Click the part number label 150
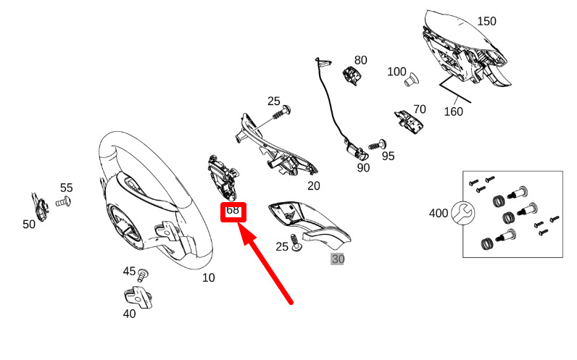486,21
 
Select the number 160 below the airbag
453,112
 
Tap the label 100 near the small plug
397,72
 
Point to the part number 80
360,60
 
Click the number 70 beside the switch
419,110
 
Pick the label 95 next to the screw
388,156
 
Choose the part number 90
362,168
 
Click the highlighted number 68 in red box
233,211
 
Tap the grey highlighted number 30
338,259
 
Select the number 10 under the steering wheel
208,277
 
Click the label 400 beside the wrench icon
439,214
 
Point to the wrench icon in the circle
461,213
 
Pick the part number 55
67,188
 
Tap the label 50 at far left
29,225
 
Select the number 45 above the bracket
129,272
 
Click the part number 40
129,314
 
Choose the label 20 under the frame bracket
313,186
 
